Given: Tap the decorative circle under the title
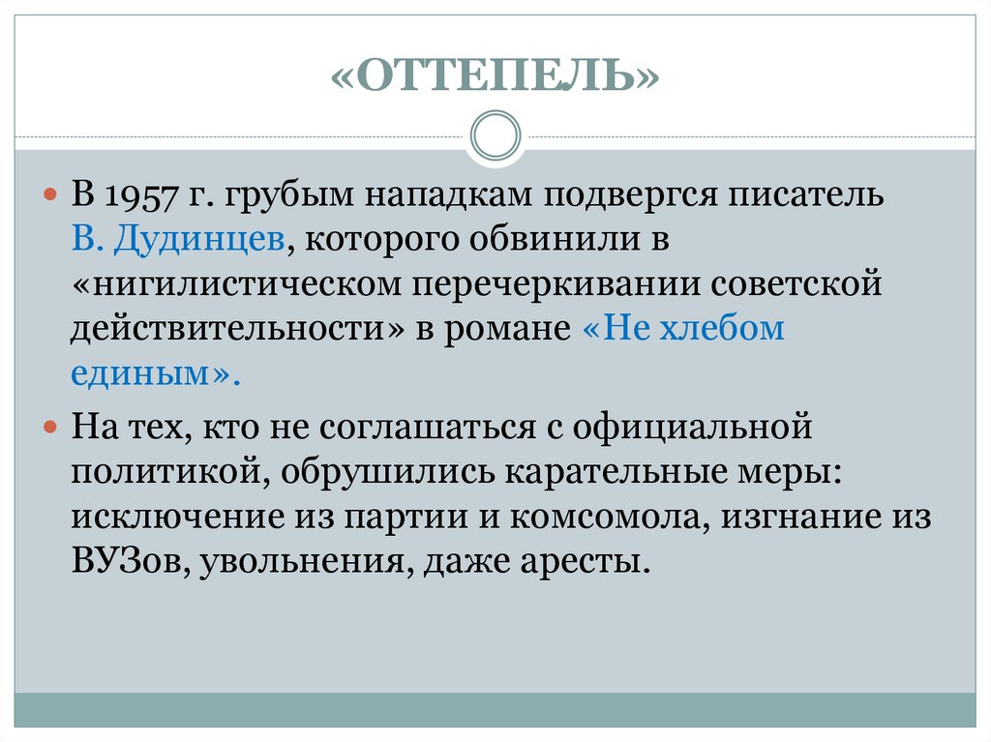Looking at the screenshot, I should (495, 135).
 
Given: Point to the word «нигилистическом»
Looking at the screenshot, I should (239, 285).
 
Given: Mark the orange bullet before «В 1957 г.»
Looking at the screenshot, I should (53, 196).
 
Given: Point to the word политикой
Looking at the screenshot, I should (165, 471).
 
